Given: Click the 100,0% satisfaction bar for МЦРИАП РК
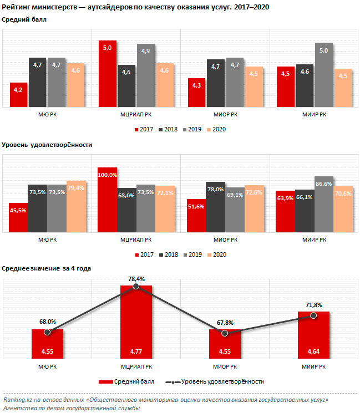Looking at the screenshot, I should point(107,200).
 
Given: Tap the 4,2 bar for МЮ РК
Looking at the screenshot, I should point(18,95).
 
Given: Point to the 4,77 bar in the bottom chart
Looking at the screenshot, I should point(136,324).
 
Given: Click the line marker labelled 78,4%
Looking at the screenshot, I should point(136,286).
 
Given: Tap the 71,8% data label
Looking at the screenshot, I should point(313,305).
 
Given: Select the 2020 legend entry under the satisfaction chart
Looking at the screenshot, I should point(217,254).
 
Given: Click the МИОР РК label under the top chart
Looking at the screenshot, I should point(225,115).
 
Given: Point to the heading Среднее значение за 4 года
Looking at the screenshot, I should point(47,268).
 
